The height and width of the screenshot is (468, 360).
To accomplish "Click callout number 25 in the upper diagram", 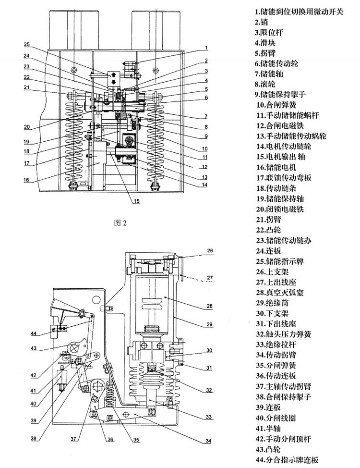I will click(27, 45).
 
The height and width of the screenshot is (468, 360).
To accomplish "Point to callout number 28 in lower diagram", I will click(209, 305).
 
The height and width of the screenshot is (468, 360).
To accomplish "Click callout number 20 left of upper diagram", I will click(27, 127).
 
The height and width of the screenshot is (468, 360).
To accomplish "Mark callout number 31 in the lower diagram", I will click(209, 369).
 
